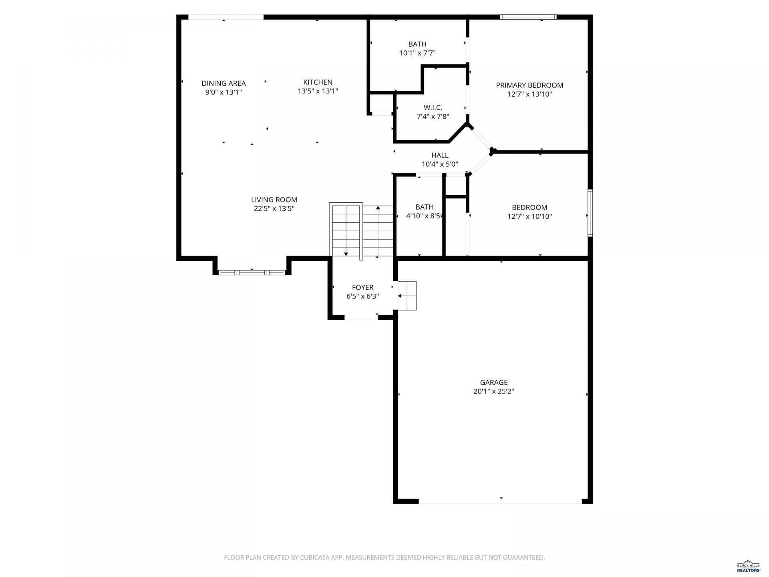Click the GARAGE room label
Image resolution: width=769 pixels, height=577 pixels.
pyautogui.click(x=494, y=382)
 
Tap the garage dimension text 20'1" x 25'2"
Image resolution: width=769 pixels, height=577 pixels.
pyautogui.click(x=494, y=391)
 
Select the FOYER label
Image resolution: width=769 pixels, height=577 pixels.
pyautogui.click(x=362, y=287)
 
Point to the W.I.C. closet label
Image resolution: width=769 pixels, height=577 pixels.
pyautogui.click(x=433, y=107)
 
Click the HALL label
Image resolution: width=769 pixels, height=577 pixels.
pyautogui.click(x=440, y=155)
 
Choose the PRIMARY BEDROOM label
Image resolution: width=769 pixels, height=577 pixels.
pyautogui.click(x=529, y=85)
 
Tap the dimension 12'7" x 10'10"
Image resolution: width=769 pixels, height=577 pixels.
pyautogui.click(x=529, y=216)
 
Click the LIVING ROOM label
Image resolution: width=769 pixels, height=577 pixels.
pyautogui.click(x=274, y=200)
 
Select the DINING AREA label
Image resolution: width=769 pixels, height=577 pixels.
pyautogui.click(x=223, y=83)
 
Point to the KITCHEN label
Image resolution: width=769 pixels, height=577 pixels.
pyautogui.click(x=318, y=82)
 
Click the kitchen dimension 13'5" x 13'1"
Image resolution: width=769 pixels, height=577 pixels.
pyautogui.click(x=318, y=91)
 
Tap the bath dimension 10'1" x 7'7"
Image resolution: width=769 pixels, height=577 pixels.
pyautogui.click(x=417, y=53)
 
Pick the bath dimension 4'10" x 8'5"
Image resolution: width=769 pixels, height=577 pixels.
pyautogui.click(x=424, y=216)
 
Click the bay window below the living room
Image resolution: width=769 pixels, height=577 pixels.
pyautogui.click(x=252, y=272)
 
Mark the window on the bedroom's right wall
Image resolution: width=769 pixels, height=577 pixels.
pyautogui.click(x=590, y=213)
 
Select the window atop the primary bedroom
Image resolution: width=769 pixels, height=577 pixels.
pyautogui.click(x=528, y=17)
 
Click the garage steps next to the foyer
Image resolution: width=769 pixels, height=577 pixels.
pyautogui.click(x=407, y=296)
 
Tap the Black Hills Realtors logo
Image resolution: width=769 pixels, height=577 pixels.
pyautogui.click(x=749, y=566)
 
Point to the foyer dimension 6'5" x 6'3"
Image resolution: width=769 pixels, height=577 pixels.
pyautogui.click(x=362, y=297)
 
